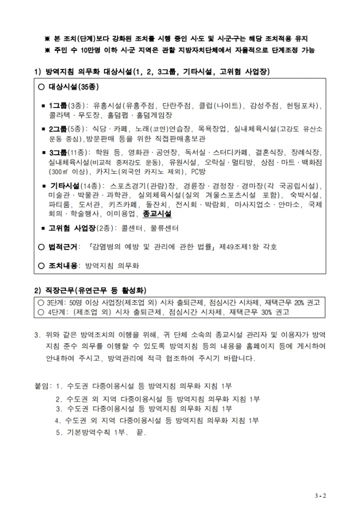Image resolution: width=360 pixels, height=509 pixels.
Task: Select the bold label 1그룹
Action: coord(58,105)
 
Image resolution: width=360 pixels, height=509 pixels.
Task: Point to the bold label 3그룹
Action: coord(58,152)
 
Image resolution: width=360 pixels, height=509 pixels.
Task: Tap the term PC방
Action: coord(197,171)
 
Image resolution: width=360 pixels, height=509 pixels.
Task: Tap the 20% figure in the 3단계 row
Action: coord(298,302)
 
